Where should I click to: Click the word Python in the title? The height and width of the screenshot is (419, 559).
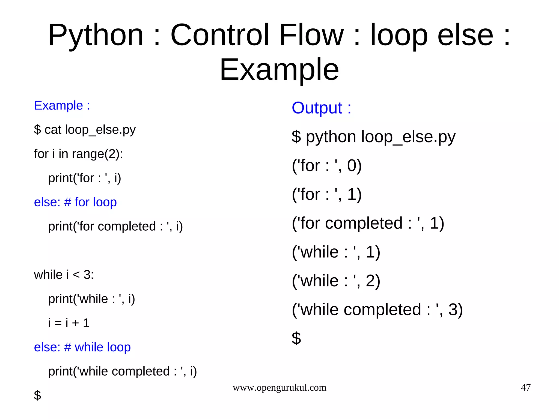coord(96,35)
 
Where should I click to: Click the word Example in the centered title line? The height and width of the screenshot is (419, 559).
coord(279,70)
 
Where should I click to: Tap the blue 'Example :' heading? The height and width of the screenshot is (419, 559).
coord(62,105)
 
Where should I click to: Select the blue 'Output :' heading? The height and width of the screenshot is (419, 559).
coord(321,108)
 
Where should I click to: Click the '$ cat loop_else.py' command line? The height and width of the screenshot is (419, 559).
coord(85,130)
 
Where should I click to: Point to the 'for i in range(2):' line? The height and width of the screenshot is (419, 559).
coord(78,154)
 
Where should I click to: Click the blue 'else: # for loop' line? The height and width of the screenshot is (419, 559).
coord(75,202)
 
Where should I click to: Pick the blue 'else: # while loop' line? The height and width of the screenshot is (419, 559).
coord(82,347)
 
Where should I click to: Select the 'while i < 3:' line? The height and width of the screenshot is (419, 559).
coord(64,275)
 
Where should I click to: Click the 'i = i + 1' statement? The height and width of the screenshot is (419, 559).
coord(69,323)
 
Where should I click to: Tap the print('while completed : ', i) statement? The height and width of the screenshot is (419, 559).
coord(122,372)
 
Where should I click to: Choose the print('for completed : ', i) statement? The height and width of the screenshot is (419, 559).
coord(115,227)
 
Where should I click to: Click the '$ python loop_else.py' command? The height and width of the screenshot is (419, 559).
coord(373,137)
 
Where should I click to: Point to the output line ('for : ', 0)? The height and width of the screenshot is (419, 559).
coord(326,166)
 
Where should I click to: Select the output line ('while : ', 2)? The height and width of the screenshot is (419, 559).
coord(336,281)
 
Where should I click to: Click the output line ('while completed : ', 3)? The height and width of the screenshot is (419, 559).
coord(377,310)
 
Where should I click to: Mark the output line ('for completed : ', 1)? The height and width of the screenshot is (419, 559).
coord(368,223)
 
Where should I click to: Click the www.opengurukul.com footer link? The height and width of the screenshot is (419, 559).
coord(279,388)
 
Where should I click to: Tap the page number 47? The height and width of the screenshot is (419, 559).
coord(525,388)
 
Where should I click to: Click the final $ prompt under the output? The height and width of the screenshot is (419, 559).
coord(296,338)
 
